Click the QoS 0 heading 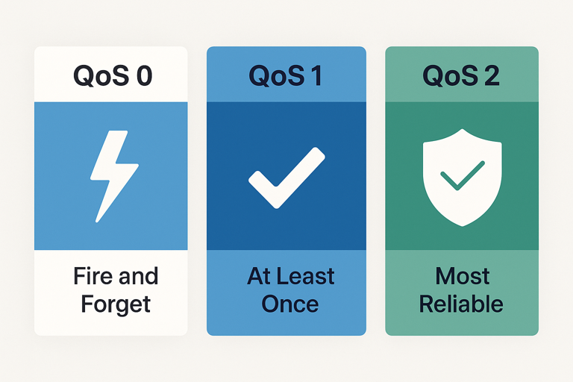(112, 75)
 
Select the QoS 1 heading (285, 75)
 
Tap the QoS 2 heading (461, 75)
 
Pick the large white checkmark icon (286, 178)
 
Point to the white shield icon (461, 179)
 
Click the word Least (300, 276)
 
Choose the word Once (286, 304)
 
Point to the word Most (462, 276)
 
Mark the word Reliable (461, 304)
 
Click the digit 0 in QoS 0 (144, 75)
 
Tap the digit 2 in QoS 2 (492, 75)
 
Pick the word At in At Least (259, 276)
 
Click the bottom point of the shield (461, 225)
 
